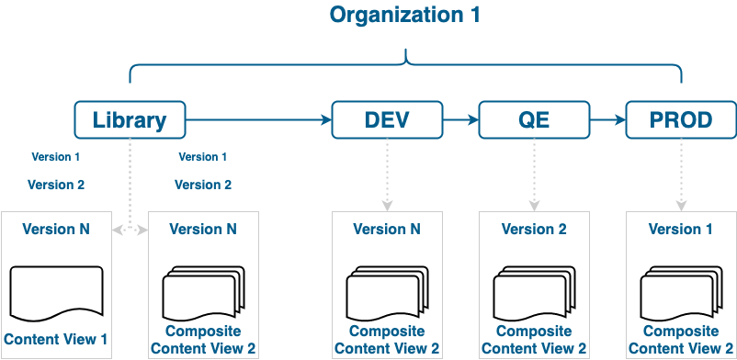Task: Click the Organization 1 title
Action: [x=405, y=16]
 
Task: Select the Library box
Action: [x=130, y=120]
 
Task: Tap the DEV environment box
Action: [x=387, y=120]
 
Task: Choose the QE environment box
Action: [x=534, y=120]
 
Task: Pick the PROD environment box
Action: [x=681, y=120]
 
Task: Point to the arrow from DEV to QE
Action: [x=460, y=120]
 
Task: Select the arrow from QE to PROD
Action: [x=607, y=120]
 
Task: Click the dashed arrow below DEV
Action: [x=387, y=174]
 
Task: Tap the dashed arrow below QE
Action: [x=534, y=174]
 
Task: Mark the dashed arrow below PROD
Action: [x=681, y=174]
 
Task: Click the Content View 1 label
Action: [x=56, y=339]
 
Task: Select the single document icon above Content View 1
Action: [x=56, y=291]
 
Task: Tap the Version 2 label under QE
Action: [x=534, y=230]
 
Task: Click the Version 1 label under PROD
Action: [x=681, y=230]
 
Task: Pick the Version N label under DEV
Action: [x=387, y=230]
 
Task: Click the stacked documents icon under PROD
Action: [x=681, y=291]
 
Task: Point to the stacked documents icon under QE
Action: [x=534, y=291]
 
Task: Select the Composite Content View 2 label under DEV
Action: [x=387, y=339]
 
